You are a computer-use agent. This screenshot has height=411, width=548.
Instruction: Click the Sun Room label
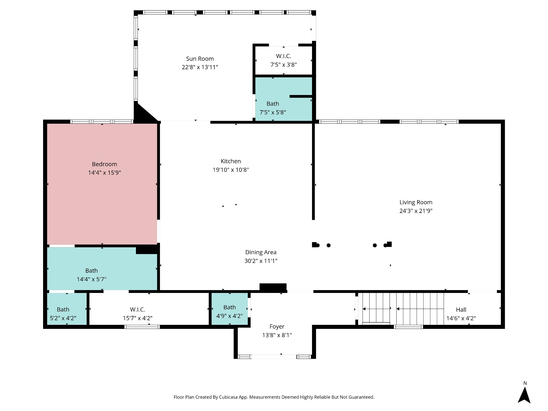pos(200,59)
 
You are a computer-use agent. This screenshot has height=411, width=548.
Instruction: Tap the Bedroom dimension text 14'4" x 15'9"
pos(105,173)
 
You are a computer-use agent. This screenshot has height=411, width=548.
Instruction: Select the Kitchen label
pos(231,161)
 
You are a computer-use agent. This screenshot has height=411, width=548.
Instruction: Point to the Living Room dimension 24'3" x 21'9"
pos(416,211)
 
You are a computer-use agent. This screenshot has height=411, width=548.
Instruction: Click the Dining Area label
pos(261,252)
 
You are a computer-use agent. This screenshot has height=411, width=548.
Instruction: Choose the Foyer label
pos(277,326)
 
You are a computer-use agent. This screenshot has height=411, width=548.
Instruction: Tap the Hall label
pos(461,310)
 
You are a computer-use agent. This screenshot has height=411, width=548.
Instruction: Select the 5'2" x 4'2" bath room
pos(67,309)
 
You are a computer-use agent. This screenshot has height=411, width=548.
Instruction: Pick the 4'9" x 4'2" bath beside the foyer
pos(230,309)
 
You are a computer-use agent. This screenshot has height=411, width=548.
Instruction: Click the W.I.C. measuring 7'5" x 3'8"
pos(284,60)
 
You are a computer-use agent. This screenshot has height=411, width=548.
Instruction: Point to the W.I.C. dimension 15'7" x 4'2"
pos(138,318)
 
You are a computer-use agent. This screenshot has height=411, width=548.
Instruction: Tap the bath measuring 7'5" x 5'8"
pos(284,99)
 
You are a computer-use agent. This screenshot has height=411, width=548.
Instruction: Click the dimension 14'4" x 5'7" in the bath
pos(92,279)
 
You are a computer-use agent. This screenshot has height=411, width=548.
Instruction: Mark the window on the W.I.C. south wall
pos(142,327)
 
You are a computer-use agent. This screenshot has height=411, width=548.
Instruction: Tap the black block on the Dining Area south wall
pos(273,287)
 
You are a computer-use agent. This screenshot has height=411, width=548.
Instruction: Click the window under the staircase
pos(408,327)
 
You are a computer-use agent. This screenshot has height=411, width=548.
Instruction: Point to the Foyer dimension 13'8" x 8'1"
pos(277,335)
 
